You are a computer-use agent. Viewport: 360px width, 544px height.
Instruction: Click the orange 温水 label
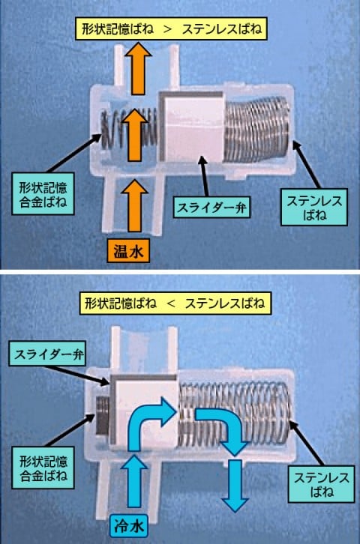click(x=128, y=250)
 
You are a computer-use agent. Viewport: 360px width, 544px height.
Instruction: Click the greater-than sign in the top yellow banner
click(x=168, y=28)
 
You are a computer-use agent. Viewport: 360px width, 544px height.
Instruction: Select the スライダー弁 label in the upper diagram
click(x=211, y=208)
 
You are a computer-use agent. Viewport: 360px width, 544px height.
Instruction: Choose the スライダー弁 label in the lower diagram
click(x=47, y=354)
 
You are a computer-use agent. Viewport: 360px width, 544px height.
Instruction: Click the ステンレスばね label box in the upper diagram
click(x=313, y=208)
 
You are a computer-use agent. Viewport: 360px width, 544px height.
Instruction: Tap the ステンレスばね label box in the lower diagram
click(x=321, y=484)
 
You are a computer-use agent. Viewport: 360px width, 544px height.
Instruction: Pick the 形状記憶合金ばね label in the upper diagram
click(x=43, y=194)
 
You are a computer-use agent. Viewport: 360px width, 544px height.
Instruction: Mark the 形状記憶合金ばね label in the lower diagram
click(x=43, y=468)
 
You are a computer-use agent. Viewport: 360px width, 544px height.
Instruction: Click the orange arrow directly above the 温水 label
click(x=134, y=205)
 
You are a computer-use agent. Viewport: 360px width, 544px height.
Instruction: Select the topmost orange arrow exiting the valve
click(x=139, y=68)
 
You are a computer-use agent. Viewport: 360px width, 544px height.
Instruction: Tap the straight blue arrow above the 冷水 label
click(x=134, y=482)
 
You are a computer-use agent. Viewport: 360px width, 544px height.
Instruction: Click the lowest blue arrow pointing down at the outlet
click(x=235, y=486)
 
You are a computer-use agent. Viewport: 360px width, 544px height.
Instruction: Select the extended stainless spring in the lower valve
click(x=233, y=413)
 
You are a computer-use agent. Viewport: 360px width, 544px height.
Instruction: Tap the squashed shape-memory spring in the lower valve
click(x=102, y=416)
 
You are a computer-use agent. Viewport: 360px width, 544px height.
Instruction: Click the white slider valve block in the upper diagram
click(x=191, y=127)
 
